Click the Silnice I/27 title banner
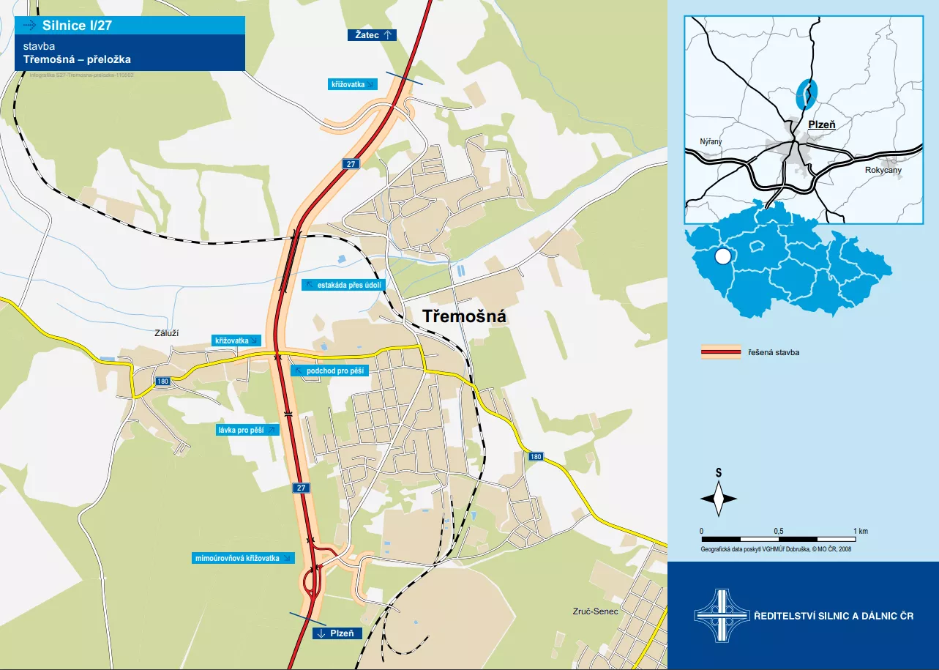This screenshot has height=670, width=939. (x=130, y=26)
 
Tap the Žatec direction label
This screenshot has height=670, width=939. (x=373, y=34)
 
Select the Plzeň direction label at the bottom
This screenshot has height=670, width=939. (x=337, y=633)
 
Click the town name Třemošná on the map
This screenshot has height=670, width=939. (x=465, y=316)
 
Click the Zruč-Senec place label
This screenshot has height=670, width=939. (x=596, y=611)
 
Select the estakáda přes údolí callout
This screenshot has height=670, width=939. (x=341, y=285)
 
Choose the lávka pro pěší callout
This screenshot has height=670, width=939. (x=248, y=430)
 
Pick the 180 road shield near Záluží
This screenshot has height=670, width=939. (x=162, y=381)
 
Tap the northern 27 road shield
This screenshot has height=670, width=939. (x=351, y=164)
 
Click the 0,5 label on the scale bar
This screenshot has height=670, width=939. (x=778, y=531)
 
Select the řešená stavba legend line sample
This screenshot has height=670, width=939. (x=721, y=353)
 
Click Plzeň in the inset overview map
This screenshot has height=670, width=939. (x=821, y=124)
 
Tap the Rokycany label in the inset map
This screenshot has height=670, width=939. (x=883, y=170)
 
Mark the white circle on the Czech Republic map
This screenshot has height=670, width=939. (x=722, y=256)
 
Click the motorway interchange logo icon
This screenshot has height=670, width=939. (x=717, y=616)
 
